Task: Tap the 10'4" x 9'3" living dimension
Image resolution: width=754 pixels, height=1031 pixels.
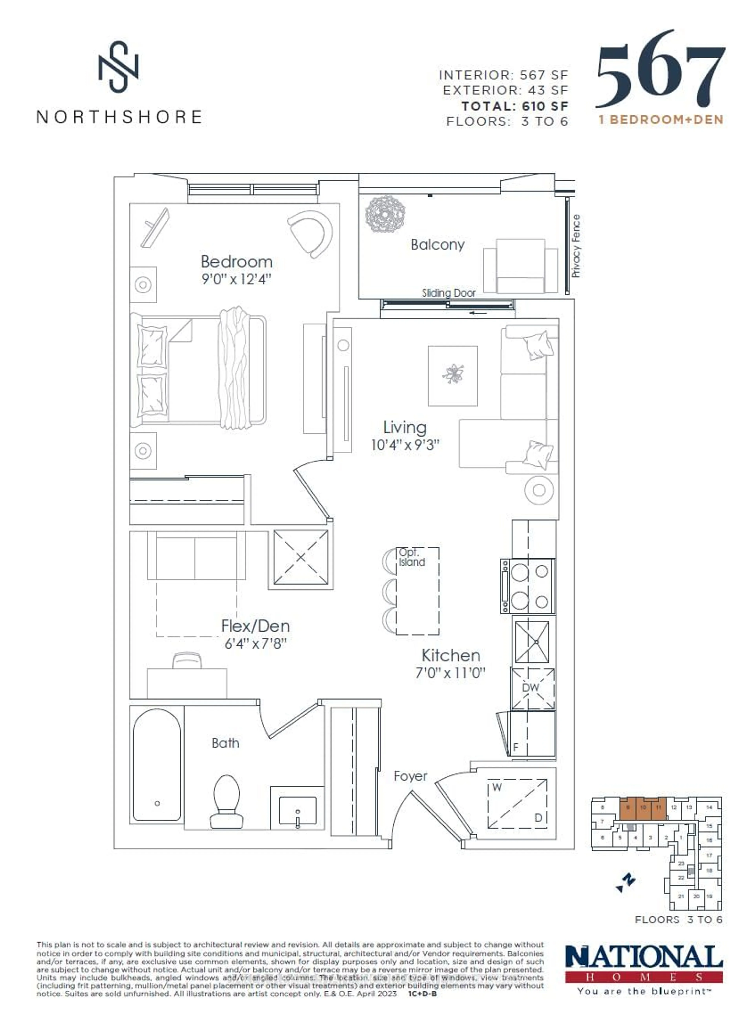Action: pos(405,445)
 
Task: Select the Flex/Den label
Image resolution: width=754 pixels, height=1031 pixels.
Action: pos(255,626)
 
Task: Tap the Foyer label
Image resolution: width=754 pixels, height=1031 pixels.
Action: pos(410,776)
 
